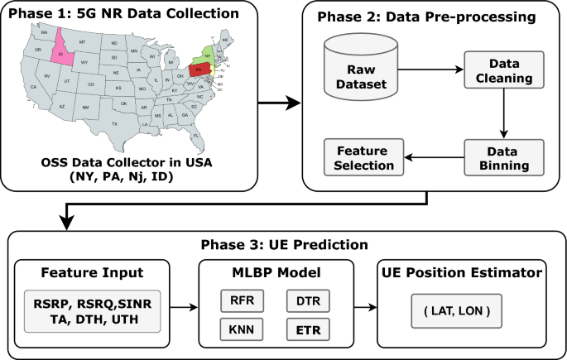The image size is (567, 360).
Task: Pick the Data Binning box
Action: tap(503, 156)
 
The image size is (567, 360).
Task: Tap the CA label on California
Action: tap(34, 86)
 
